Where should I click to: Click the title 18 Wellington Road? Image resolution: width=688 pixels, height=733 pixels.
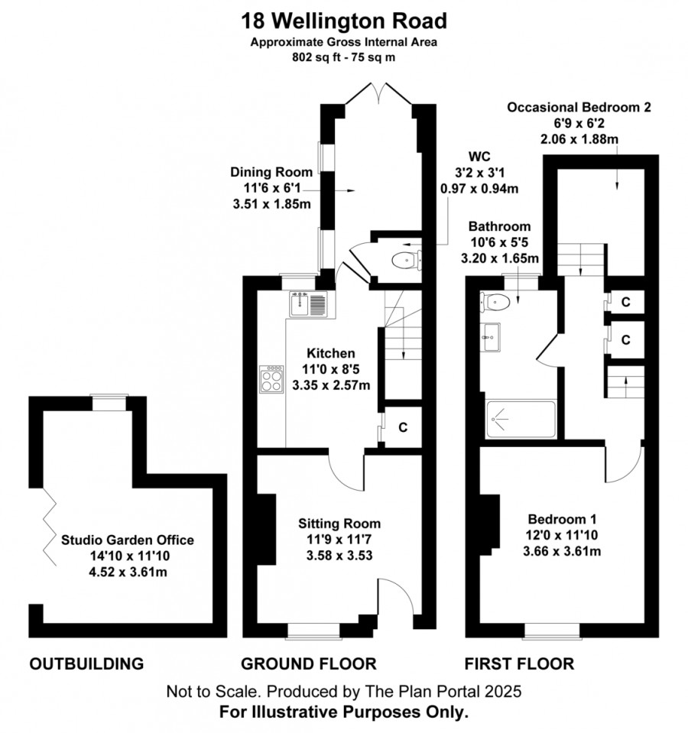[x=344, y=21]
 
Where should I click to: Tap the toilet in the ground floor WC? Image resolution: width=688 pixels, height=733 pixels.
[x=406, y=260]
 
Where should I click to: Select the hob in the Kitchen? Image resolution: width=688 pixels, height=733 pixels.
[x=271, y=379]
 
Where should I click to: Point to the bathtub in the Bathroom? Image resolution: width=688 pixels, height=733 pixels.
[x=521, y=420]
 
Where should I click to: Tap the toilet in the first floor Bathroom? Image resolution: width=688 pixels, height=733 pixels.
[x=495, y=302]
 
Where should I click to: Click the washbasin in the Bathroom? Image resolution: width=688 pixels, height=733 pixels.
[x=490, y=336]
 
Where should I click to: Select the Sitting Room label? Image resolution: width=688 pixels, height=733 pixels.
[x=339, y=524]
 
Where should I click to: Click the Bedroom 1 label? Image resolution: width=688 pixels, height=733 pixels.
[x=562, y=519]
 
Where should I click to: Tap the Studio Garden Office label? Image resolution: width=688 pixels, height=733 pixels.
[x=128, y=540]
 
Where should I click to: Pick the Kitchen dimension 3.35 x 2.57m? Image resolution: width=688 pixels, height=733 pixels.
[x=331, y=386]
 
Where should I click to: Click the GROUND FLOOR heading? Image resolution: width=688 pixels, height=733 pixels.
[x=309, y=663]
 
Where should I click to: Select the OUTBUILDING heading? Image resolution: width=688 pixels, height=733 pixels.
[x=86, y=663]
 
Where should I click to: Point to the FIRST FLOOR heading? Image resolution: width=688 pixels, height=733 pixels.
[x=519, y=663]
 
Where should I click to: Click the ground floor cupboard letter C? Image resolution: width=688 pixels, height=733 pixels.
[x=403, y=427]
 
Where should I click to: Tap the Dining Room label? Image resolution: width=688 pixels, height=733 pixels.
[x=271, y=172]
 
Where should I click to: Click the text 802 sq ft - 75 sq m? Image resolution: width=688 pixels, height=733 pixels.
[x=343, y=57]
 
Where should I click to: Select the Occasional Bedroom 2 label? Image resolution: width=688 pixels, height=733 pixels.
[x=579, y=108]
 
